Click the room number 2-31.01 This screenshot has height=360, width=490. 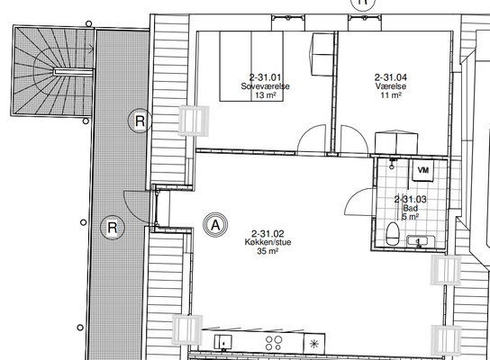pos(266,77)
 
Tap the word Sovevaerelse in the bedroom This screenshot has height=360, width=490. pos(266,86)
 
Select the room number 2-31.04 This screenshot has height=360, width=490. pos(391,77)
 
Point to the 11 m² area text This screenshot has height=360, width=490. pos(391,94)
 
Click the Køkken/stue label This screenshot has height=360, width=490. pos(268,242)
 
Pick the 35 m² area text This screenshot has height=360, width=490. pos(268,251)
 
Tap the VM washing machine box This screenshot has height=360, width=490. pos(423,170)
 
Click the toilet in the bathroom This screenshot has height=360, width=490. pos(393,234)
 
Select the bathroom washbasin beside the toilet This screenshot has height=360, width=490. pos(421,241)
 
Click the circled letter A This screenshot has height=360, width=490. pos(215,225)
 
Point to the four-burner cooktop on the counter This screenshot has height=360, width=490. pos(274,343)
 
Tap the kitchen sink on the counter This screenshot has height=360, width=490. pos(222,342)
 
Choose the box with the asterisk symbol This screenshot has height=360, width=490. pos(314,344)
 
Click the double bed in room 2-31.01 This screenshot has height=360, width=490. pos(251,67)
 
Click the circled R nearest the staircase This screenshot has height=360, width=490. pos(140,121)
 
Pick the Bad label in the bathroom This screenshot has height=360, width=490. pos(411,208)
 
